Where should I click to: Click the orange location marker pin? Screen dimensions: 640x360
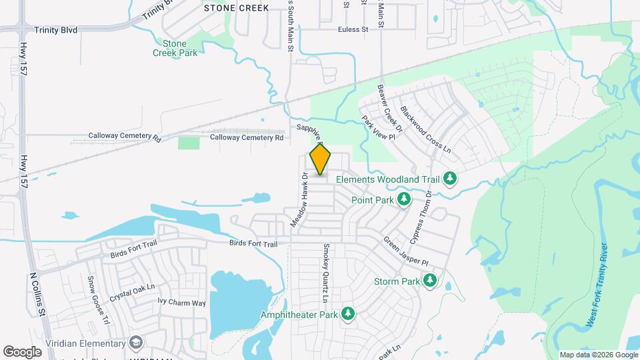tap(321, 159)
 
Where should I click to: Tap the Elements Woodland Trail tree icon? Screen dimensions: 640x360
tap(450, 179)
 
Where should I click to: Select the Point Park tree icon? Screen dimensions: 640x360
tap(403, 199)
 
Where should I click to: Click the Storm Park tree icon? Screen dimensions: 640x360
tap(431, 281)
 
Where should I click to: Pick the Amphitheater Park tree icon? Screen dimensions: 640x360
tap(347, 313)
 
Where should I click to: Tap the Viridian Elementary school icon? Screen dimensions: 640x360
tap(137, 343)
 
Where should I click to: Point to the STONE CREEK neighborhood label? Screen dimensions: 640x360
tap(236, 8)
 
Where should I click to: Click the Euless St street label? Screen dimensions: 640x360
tap(353, 29)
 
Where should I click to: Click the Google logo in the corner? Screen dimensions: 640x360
tap(23, 351)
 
